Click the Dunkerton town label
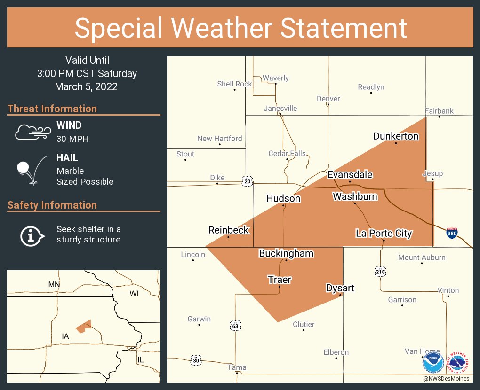click(396, 136)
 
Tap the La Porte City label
click(384, 233)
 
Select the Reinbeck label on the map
click(229, 230)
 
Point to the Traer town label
click(280, 280)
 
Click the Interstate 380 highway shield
click(452, 233)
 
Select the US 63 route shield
click(235, 325)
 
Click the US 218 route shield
click(380, 271)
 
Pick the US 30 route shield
click(196, 360)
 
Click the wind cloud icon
click(32, 132)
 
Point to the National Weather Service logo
click(459, 363)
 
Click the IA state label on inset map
click(65, 336)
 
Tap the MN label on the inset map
click(54, 284)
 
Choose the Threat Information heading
click(52, 109)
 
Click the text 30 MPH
click(72, 139)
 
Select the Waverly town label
click(276, 78)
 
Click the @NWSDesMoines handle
click(446, 379)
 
